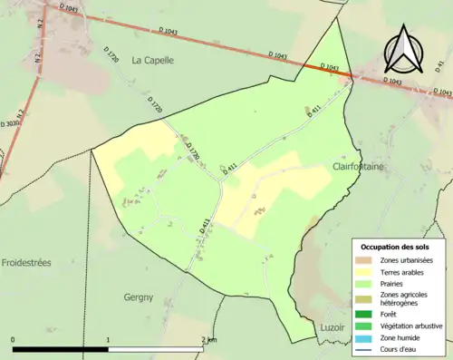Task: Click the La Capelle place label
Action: (152, 61)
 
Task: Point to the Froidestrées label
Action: (26, 262)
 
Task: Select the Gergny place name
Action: (140, 297)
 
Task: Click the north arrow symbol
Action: (402, 50)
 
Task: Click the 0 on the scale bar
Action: (13, 340)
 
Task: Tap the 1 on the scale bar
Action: (109, 340)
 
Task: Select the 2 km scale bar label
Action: (207, 340)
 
